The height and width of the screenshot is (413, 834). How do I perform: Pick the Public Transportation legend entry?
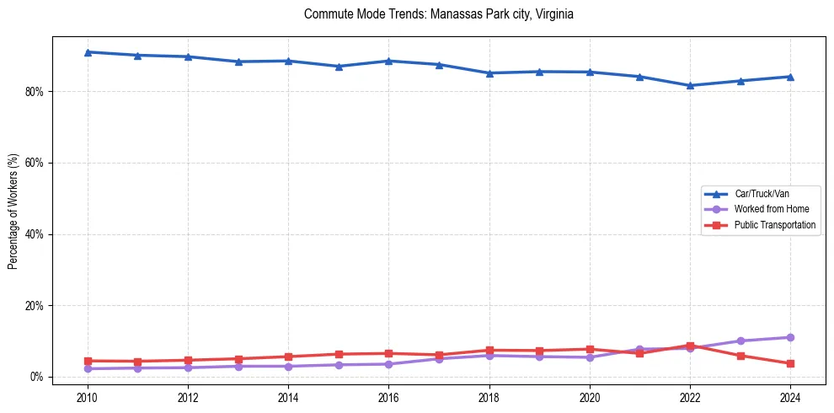pos(774,225)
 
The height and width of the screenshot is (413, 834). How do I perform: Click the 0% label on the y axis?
pos(36,377)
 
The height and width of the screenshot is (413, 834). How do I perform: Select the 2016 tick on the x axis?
pos(388,397)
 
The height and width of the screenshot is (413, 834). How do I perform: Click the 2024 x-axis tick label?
pos(790,397)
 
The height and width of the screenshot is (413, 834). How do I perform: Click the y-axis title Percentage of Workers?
pos(13,211)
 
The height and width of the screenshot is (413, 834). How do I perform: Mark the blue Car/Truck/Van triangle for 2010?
pos(88,52)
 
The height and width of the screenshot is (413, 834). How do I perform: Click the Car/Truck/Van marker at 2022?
pos(690,85)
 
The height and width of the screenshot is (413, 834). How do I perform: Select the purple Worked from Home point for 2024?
pos(790,337)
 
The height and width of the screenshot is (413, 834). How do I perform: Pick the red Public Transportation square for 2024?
pos(790,363)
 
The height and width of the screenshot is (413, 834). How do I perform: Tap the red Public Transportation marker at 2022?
pos(690,346)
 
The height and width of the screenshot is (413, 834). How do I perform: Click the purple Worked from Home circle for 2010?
pos(88,368)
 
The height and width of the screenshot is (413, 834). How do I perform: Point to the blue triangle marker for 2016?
pos(388,61)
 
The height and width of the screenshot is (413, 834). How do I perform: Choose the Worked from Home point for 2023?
pos(740,341)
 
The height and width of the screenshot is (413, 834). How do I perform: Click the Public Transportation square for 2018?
pos(489,350)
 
